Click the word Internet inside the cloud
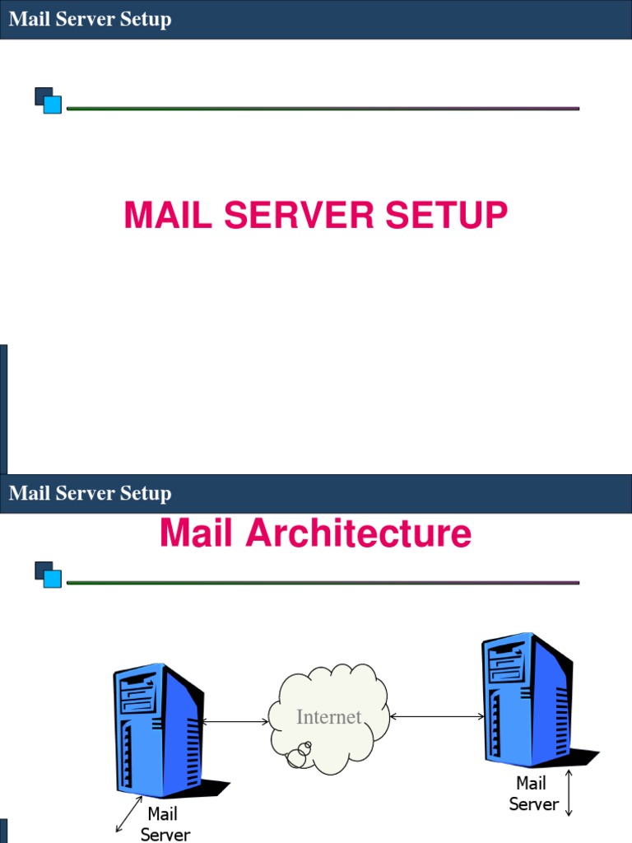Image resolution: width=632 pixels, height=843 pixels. (x=328, y=717)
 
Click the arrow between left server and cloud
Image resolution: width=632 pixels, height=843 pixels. (x=235, y=722)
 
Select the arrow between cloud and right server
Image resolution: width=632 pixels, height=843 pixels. (x=437, y=716)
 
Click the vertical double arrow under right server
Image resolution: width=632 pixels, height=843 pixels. (x=569, y=792)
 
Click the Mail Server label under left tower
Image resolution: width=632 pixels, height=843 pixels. (x=165, y=824)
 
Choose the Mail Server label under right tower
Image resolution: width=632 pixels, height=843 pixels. (x=533, y=794)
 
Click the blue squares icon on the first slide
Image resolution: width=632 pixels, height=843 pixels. (x=48, y=100)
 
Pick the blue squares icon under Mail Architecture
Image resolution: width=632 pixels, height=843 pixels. (x=48, y=575)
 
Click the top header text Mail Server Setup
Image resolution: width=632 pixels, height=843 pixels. (x=90, y=19)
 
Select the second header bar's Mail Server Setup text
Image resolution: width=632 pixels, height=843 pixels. (x=90, y=493)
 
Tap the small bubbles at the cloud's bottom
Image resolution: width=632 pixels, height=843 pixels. (x=304, y=749)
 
